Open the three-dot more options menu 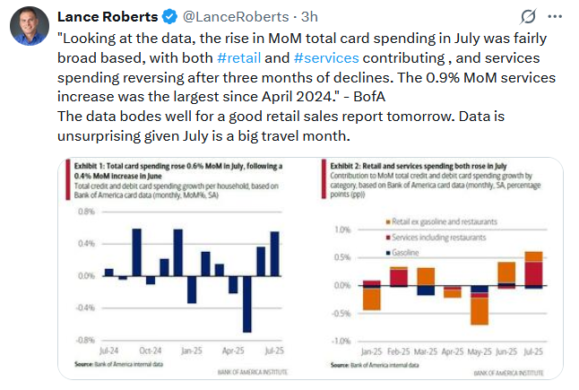pos(557,16)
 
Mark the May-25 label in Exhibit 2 pos(480,351)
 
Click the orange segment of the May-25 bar pos(480,310)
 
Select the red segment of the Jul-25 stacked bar pos(533,273)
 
